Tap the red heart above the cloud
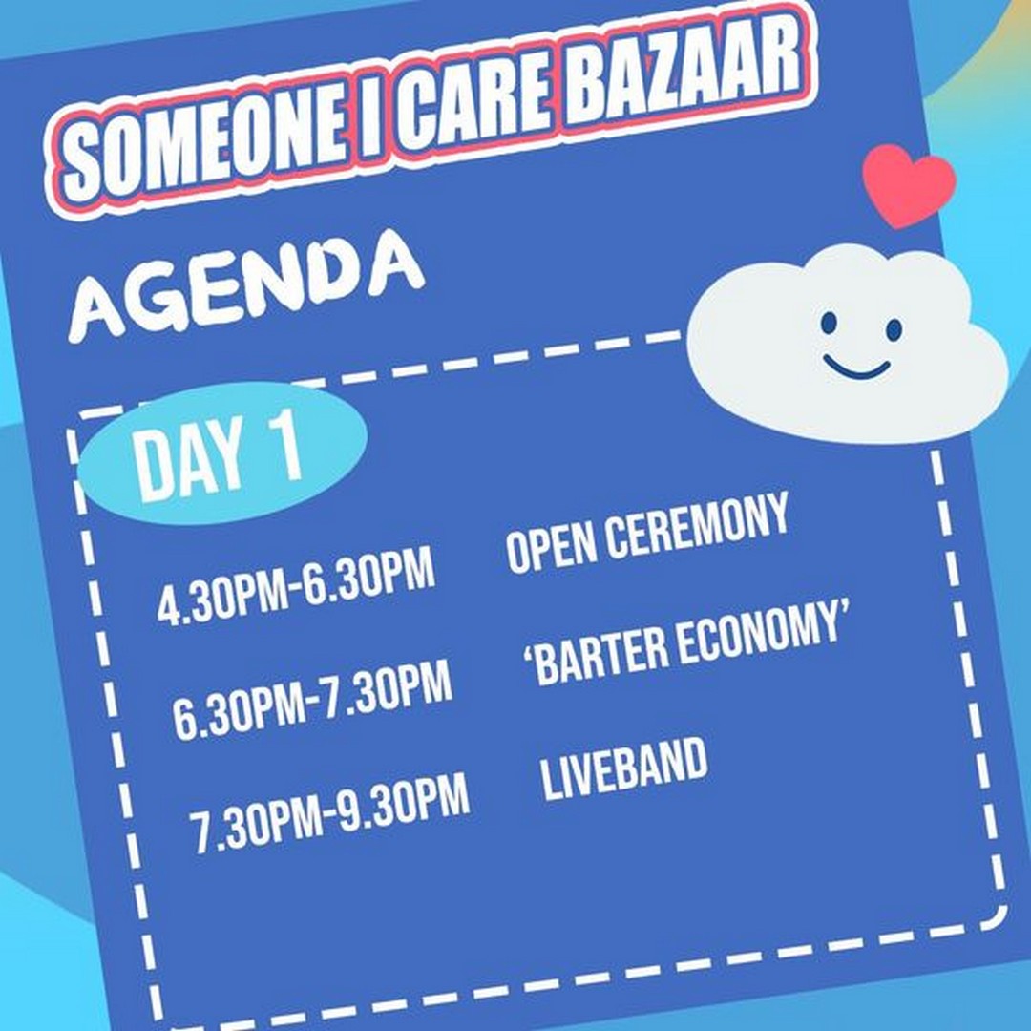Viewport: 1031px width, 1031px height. [909, 184]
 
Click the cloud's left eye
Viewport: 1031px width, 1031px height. [830, 323]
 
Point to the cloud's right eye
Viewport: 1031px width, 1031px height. [894, 329]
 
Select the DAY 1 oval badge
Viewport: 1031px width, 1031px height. [222, 452]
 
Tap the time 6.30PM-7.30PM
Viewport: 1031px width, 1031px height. [313, 699]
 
